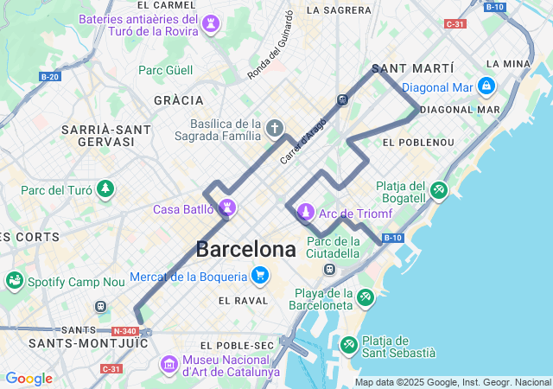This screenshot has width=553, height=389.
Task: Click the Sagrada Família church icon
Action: pyautogui.click(x=275, y=130)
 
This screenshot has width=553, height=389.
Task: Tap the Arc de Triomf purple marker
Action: pyautogui.click(x=305, y=212)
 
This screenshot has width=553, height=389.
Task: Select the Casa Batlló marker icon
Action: pyautogui.click(x=228, y=208)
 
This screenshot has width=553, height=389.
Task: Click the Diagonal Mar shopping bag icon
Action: pyautogui.click(x=486, y=86)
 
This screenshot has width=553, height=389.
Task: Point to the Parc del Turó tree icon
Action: pyautogui.click(x=105, y=189)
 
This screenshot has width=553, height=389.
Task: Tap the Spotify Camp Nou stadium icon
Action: pyautogui.click(x=14, y=281)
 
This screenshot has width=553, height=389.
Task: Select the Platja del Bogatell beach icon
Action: pyautogui.click(x=439, y=189)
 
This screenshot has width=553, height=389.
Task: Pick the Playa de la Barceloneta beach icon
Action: pyautogui.click(x=365, y=298)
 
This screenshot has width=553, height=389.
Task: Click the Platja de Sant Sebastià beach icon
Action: pyautogui.click(x=348, y=345)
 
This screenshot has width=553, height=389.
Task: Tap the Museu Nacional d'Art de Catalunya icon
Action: pyautogui.click(x=168, y=365)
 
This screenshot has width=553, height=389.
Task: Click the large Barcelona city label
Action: pyautogui.click(x=245, y=250)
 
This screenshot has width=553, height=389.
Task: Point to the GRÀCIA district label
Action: pyautogui.click(x=179, y=101)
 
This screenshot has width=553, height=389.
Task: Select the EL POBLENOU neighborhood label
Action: pyautogui.click(x=418, y=142)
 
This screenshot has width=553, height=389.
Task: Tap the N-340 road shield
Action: pyautogui.click(x=124, y=330)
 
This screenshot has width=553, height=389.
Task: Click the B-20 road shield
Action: pyautogui.click(x=50, y=77)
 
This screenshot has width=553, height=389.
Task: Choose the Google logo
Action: pyautogui.click(x=29, y=379)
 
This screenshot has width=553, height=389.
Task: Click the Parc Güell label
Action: pyautogui.click(x=166, y=70)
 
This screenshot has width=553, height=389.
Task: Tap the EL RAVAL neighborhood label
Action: pyautogui.click(x=244, y=301)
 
